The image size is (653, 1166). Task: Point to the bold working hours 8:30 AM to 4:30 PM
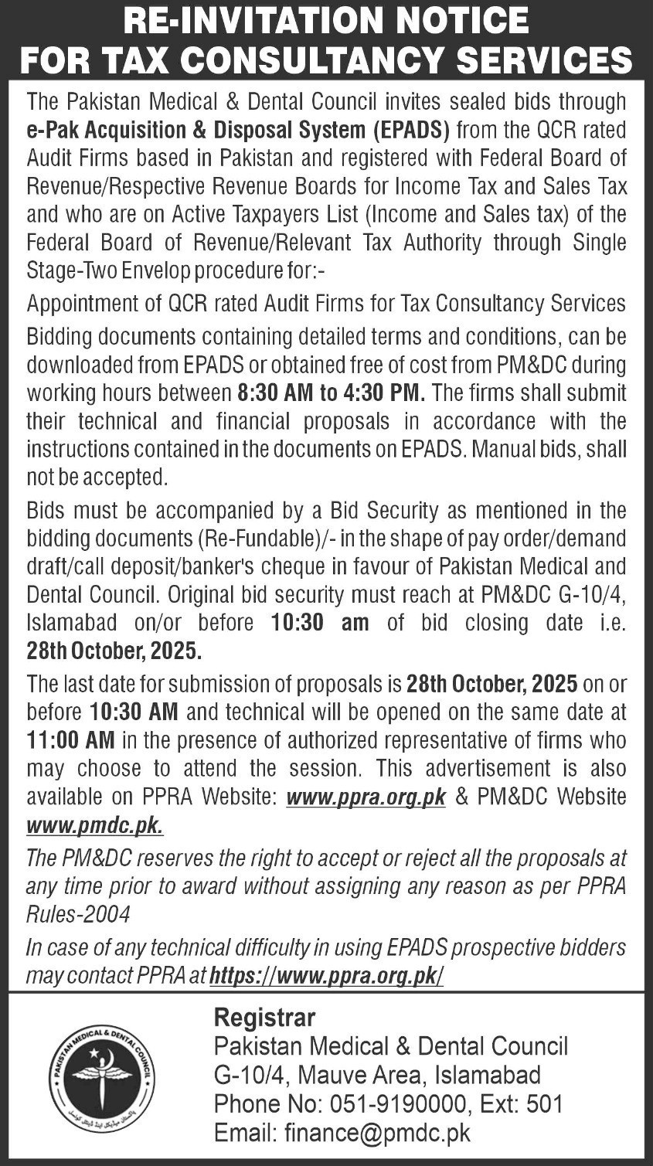coord(329,393)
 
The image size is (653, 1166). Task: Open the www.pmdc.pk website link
coord(95,825)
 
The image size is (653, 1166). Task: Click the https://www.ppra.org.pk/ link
coord(327,975)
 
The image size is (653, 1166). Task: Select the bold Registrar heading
coord(264,1017)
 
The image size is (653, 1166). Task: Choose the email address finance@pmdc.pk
coord(377,1133)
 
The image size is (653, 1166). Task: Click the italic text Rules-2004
coord(78,914)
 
